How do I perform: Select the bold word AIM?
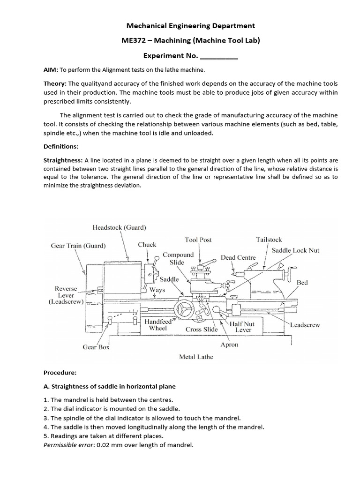[x=50, y=70]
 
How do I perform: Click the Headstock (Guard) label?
[x=119, y=228]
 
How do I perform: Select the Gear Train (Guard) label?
[x=78, y=245]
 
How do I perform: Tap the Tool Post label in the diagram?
[x=198, y=240]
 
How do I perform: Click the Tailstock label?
[x=269, y=240]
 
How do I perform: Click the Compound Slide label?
[x=178, y=258]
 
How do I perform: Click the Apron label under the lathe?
[x=229, y=345]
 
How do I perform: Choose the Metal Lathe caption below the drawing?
[x=196, y=357]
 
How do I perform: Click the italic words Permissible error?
[x=66, y=445]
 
